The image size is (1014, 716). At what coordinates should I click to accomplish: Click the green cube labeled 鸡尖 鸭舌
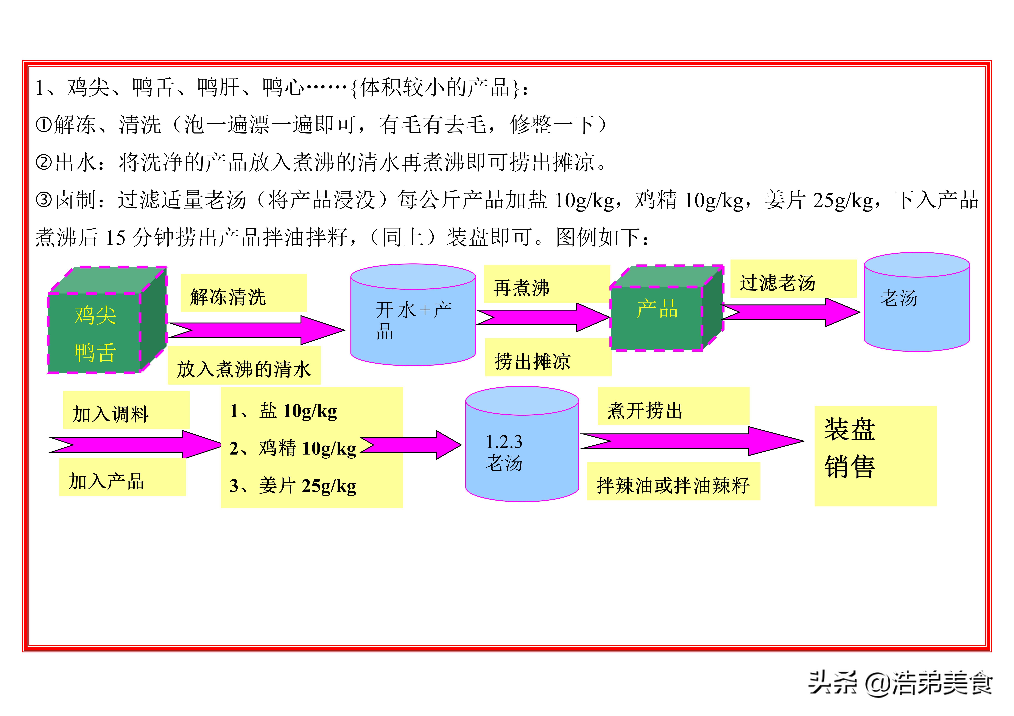(x=95, y=333)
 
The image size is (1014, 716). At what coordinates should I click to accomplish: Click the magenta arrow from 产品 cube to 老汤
(x=791, y=312)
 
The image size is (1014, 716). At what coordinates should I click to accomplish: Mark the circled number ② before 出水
(x=44, y=162)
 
